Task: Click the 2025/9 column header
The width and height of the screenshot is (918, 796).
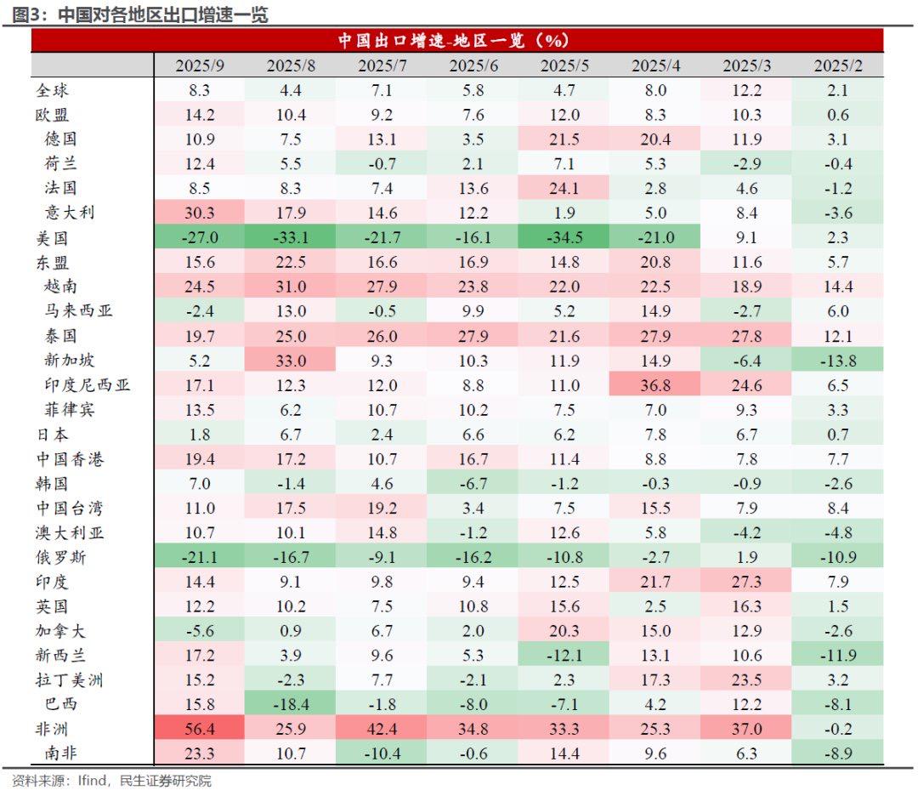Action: (x=200, y=66)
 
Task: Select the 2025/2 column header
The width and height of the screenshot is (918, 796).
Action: (x=837, y=66)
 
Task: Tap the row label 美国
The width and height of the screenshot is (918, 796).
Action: (x=52, y=238)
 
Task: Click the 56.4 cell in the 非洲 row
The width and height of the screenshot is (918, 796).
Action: (x=200, y=730)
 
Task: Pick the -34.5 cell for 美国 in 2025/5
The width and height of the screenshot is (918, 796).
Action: (x=564, y=238)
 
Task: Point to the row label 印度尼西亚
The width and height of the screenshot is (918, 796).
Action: (x=88, y=385)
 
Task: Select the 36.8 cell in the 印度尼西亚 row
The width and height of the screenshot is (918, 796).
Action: (x=655, y=385)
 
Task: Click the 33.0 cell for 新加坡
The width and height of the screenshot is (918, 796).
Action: (x=291, y=361)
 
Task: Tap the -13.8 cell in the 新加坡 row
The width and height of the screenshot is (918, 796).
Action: (x=837, y=361)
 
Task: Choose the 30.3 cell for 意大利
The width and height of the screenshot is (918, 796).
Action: (x=200, y=213)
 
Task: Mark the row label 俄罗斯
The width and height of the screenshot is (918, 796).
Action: (x=60, y=558)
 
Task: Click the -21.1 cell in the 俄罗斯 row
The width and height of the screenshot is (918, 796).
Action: (x=200, y=558)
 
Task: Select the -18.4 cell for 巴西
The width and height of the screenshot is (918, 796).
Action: (x=291, y=705)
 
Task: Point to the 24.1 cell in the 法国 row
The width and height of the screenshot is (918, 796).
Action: (x=564, y=188)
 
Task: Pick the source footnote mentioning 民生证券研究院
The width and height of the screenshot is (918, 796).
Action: (x=111, y=781)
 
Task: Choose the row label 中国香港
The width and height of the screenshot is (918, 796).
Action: (x=70, y=459)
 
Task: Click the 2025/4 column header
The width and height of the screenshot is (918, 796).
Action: (x=655, y=66)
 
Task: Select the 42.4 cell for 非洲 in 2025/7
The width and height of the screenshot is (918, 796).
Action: (x=382, y=730)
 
